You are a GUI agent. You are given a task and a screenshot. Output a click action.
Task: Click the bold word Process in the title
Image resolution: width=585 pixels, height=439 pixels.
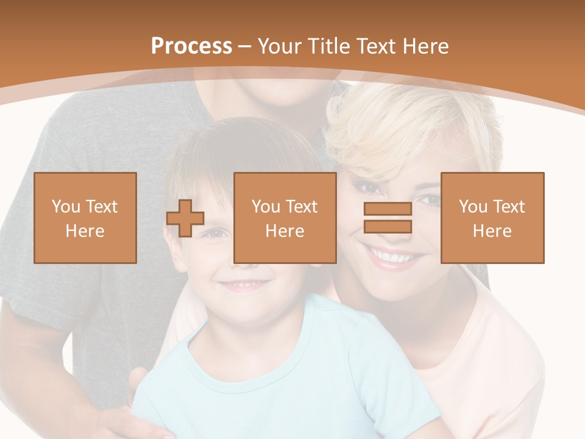click(x=191, y=46)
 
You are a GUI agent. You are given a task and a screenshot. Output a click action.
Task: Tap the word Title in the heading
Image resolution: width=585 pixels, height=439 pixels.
click(x=328, y=46)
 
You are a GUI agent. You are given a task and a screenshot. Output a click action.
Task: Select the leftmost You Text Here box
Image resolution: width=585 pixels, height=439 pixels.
click(x=85, y=218)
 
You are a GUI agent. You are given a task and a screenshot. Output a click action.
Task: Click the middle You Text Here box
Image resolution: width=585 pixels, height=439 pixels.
click(x=285, y=218)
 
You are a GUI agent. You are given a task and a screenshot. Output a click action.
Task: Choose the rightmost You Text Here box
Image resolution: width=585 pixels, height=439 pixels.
click(x=492, y=218)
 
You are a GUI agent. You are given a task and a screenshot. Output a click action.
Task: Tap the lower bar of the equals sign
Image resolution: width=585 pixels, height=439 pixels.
click(x=388, y=227)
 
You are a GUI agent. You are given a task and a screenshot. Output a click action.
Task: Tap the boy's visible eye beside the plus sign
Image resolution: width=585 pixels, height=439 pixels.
click(x=216, y=233)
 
